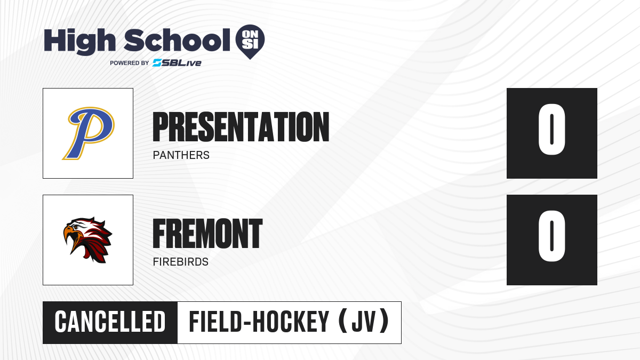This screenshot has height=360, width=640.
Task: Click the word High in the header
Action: [79, 42]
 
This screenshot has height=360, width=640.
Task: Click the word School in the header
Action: [177, 41]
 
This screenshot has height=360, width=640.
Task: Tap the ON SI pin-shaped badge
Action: [250, 42]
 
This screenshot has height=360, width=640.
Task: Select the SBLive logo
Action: [177, 63]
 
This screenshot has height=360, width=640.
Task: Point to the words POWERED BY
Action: [130, 63]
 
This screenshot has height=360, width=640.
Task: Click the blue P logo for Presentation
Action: [89, 133]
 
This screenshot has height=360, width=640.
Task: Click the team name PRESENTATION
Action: [241, 127]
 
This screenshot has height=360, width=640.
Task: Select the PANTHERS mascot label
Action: [181, 155]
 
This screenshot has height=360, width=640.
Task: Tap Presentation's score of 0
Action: [551, 129]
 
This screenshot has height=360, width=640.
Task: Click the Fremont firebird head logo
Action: [87, 240]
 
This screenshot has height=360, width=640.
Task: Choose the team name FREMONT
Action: [207, 234]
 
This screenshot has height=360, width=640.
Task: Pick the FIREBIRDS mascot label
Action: [181, 262]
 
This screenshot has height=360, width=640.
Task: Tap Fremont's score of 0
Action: [551, 236]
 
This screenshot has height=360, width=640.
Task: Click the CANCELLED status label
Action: [110, 322]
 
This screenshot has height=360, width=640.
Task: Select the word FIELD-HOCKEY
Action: [259, 322]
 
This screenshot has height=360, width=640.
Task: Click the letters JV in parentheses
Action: [363, 322]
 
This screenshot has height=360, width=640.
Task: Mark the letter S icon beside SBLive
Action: [157, 63]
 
